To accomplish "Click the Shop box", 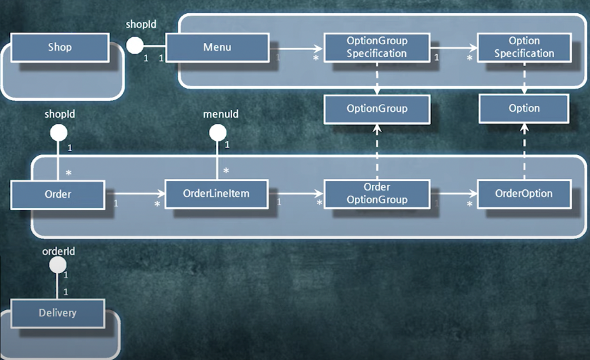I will (60, 47).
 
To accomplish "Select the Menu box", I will (217, 47).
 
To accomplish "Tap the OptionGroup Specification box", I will (377, 47).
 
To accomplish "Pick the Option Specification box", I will (524, 47).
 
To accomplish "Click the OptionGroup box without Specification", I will (377, 109).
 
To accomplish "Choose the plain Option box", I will (524, 109).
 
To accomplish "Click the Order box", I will (57, 194).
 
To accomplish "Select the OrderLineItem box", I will (217, 193).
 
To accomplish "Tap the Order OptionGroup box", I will (377, 193).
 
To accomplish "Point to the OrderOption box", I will (524, 193).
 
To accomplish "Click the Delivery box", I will (57, 313).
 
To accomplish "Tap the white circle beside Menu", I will (135, 45).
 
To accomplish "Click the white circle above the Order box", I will (58, 133).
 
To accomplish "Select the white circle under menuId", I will (217, 133).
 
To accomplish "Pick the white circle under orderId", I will (58, 265).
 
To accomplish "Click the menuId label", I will (221, 114).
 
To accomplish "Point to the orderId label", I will (59, 251).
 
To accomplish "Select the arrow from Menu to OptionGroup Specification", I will (296, 49).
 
